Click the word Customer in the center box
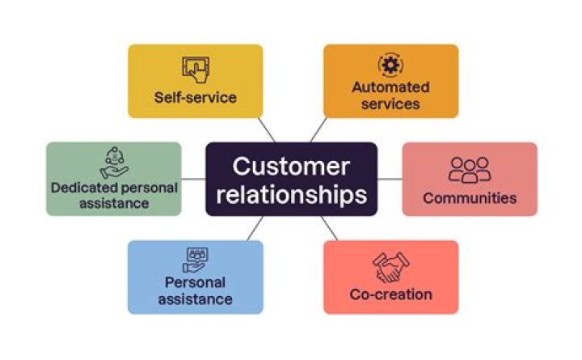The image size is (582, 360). click(x=291, y=167)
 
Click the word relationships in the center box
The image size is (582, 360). click(x=291, y=194)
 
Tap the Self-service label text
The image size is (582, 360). click(x=196, y=98)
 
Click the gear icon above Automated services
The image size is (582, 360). click(x=390, y=65)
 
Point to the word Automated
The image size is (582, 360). click(x=390, y=87)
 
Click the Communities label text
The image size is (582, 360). click(x=470, y=197)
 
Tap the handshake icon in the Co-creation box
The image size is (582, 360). click(x=391, y=267)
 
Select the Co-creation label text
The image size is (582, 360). click(x=391, y=294)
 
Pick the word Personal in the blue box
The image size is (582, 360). click(x=195, y=283)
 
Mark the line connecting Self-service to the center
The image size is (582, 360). click(x=267, y=130)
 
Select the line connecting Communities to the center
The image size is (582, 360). click(x=390, y=179)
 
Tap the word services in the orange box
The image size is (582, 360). click(x=390, y=104)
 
